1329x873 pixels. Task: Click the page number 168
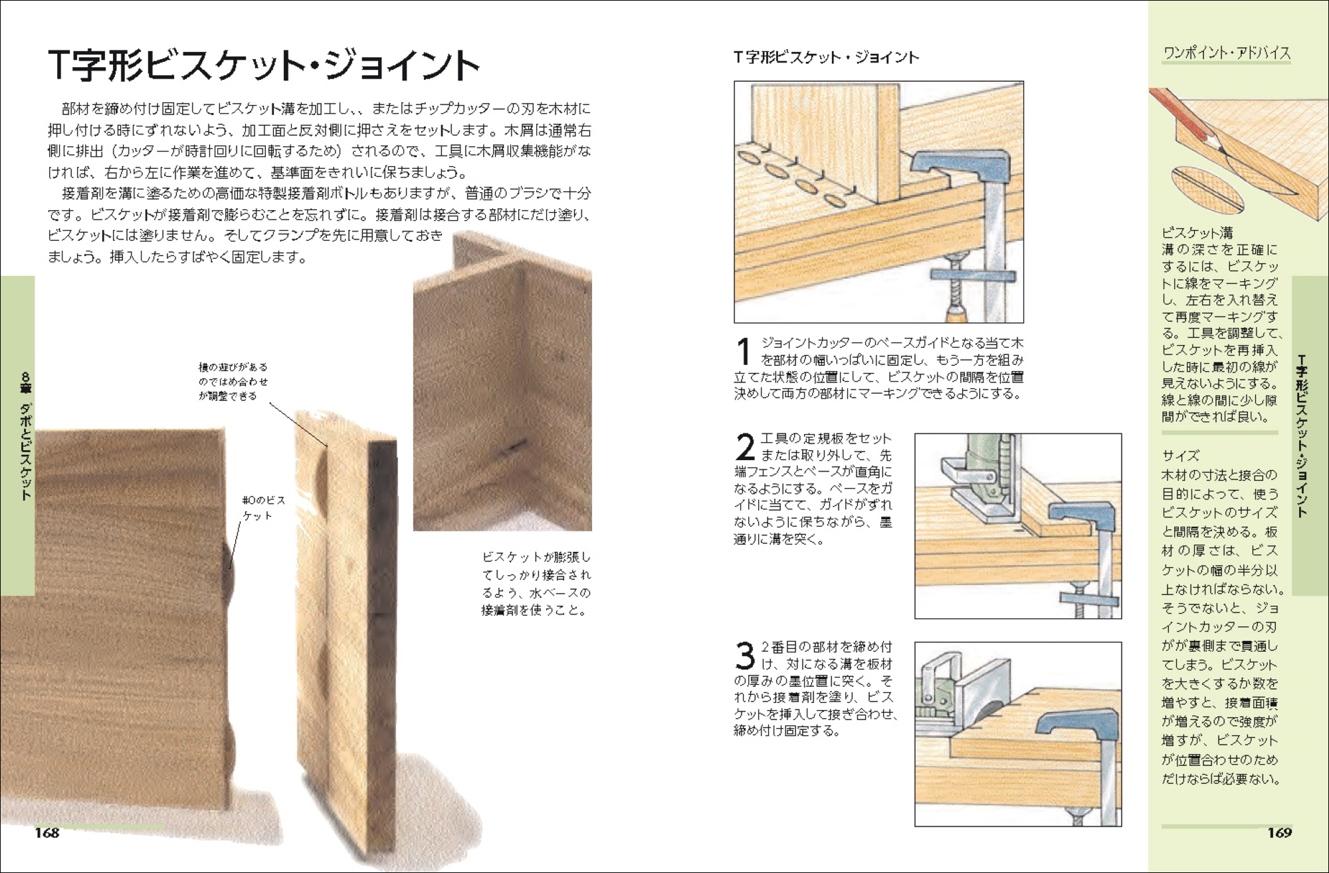(47, 832)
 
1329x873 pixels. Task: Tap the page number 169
(1279, 832)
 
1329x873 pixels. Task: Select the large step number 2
(745, 447)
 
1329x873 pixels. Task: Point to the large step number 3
(745, 656)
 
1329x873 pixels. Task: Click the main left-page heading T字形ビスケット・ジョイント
(264, 65)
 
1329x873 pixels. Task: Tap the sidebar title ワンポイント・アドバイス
(1227, 53)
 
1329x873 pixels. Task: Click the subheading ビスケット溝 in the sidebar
(1197, 233)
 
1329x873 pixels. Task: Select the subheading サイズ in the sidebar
(1181, 456)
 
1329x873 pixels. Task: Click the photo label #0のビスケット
(264, 507)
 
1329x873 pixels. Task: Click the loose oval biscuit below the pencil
(1207, 189)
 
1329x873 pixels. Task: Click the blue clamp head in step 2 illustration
(1083, 515)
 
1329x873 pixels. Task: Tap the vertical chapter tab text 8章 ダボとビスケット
(25, 436)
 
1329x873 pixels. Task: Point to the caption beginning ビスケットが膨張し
(536, 584)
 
